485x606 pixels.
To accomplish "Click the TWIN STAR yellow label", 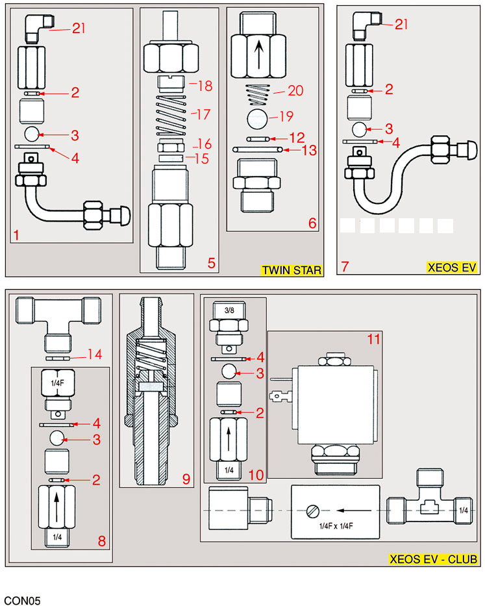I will [x=291, y=270].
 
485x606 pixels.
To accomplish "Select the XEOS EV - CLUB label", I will [x=433, y=559].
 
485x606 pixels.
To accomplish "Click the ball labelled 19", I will [x=257, y=119].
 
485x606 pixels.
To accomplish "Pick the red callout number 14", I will [x=94, y=354].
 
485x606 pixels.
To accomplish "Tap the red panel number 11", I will [x=372, y=339].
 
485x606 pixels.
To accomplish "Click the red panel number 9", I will [x=186, y=480].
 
